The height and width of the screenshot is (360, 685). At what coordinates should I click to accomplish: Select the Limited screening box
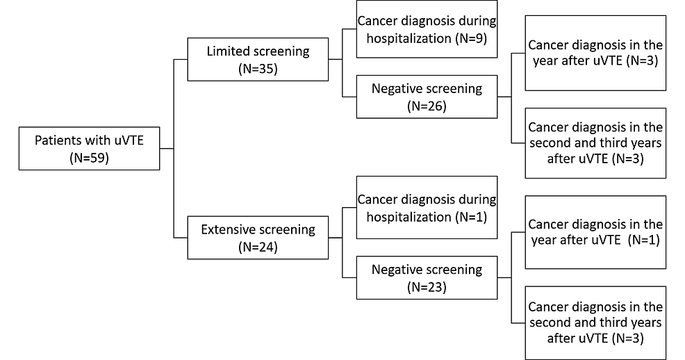[x=258, y=60]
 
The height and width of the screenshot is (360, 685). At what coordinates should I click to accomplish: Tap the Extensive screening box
[x=258, y=238]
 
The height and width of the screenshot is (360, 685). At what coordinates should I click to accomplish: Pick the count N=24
[x=258, y=247]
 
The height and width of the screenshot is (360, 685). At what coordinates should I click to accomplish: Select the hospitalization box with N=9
[x=426, y=29]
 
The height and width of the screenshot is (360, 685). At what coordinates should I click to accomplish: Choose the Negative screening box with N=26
[x=426, y=97]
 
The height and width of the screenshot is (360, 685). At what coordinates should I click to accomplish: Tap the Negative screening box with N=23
[x=426, y=277]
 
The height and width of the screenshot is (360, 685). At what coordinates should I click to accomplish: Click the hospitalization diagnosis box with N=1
[x=426, y=208]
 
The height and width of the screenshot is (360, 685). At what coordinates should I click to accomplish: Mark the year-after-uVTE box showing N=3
[x=595, y=54]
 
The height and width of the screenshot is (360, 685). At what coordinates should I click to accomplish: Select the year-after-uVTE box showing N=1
[x=595, y=232]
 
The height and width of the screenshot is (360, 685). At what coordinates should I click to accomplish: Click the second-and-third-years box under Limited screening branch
[x=595, y=143]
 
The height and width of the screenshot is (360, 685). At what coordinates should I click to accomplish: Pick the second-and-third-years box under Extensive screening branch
[x=595, y=322]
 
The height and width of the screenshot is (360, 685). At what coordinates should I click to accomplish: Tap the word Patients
[x=58, y=140]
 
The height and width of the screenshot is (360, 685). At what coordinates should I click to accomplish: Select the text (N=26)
[x=426, y=106]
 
